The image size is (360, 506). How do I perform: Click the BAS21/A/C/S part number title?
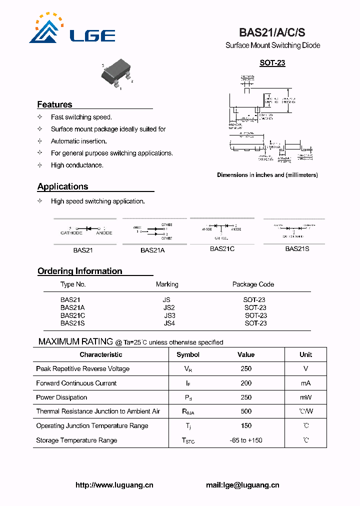click(x=272, y=32)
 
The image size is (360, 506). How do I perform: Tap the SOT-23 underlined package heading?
click(x=272, y=63)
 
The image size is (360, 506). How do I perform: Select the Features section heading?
click(x=54, y=104)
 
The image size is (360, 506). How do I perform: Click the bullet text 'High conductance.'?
click(x=77, y=165)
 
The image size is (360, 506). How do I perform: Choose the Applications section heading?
click(x=62, y=186)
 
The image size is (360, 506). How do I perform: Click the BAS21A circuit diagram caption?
click(x=152, y=250)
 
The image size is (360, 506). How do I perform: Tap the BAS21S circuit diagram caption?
click(x=297, y=248)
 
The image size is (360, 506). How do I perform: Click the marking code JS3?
click(x=169, y=315)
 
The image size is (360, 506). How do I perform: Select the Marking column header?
click(x=167, y=284)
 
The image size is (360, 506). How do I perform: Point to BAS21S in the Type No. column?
click(x=72, y=323)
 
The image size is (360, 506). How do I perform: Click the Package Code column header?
click(x=253, y=284)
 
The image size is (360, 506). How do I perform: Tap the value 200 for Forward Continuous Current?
click(x=246, y=383)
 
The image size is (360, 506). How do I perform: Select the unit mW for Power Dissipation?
click(x=305, y=397)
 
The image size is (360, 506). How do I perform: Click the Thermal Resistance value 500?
click(x=246, y=411)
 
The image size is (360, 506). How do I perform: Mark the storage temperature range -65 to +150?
click(x=245, y=440)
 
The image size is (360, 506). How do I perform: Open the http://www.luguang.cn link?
click(x=114, y=485)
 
